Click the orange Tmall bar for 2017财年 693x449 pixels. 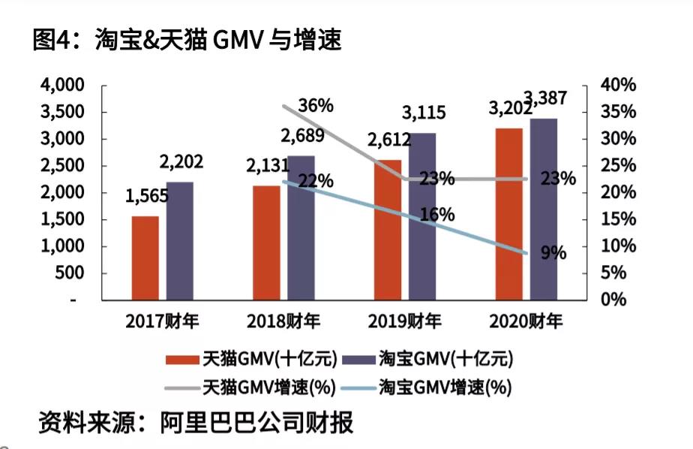click(145, 258)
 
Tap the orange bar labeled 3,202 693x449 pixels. click(508, 214)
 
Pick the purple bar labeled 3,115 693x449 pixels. click(422, 216)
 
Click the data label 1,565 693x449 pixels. click(147, 197)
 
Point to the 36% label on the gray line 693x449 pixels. click(315, 106)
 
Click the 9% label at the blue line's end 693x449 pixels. click(553, 253)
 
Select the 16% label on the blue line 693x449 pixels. click(437, 215)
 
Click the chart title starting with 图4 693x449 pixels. click(187, 39)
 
